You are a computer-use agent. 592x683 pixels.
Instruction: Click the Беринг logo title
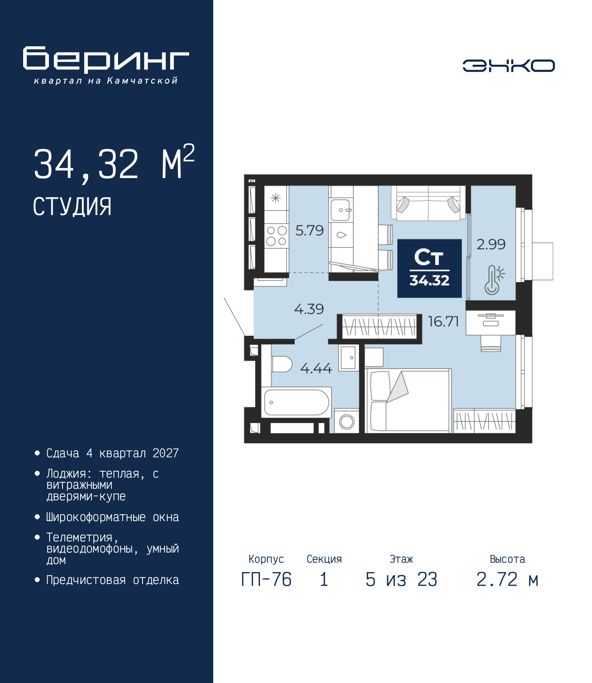point(106,60)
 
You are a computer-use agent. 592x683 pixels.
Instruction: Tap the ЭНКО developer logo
point(508,65)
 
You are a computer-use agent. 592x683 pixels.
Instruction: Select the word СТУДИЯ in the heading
point(72,207)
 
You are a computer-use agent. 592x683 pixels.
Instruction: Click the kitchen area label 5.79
point(309,230)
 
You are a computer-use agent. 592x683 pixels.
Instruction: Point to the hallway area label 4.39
point(309,309)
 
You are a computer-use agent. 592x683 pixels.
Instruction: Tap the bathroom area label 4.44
point(316,368)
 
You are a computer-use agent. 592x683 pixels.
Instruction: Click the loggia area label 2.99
point(491,245)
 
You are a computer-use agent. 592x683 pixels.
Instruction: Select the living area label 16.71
point(443,321)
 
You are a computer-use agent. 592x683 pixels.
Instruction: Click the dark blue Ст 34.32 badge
point(429,268)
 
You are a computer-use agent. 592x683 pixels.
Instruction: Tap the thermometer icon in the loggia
point(494,280)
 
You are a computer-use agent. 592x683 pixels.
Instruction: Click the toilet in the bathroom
point(282,364)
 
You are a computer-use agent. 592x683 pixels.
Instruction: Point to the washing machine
point(346,421)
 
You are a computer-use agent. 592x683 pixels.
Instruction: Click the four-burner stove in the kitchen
point(276,235)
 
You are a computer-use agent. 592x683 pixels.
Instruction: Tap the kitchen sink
point(340,209)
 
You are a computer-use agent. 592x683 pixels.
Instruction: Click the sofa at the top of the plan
point(428,203)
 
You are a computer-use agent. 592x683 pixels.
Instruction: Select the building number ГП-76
point(266,579)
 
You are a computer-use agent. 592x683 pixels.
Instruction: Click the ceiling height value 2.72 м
point(507,579)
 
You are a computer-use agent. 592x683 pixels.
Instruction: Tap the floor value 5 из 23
point(401,579)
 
